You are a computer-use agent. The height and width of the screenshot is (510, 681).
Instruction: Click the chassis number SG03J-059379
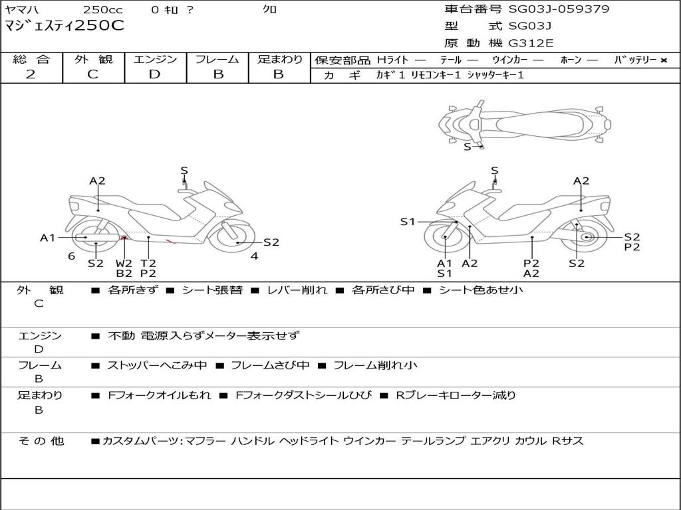click(x=559, y=9)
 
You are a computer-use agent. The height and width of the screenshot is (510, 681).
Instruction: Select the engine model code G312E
click(x=531, y=43)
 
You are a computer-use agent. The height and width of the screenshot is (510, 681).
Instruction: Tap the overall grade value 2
click(x=31, y=74)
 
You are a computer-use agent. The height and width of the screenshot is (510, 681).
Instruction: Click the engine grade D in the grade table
click(x=154, y=74)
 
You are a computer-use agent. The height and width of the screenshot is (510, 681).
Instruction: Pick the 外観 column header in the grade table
click(x=93, y=59)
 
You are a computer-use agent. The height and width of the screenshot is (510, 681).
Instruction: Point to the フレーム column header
click(x=217, y=59)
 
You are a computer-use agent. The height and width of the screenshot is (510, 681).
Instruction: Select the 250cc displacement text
click(x=102, y=10)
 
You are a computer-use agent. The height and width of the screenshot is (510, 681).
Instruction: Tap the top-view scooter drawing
click(x=525, y=122)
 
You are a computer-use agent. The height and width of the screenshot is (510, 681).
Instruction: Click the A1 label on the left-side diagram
click(x=47, y=238)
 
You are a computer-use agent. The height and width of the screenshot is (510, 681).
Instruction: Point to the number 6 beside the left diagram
click(x=71, y=256)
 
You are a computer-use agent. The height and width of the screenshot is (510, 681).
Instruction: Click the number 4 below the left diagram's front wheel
click(x=254, y=256)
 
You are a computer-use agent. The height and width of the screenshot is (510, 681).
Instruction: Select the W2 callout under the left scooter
click(x=124, y=263)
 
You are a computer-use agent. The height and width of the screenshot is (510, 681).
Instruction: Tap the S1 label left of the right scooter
click(x=407, y=222)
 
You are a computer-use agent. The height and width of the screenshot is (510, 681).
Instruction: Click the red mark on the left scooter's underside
click(x=124, y=237)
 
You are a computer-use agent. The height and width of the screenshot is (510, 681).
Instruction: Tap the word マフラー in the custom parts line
click(x=204, y=441)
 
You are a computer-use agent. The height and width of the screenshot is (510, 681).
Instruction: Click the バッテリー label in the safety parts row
click(x=635, y=60)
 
